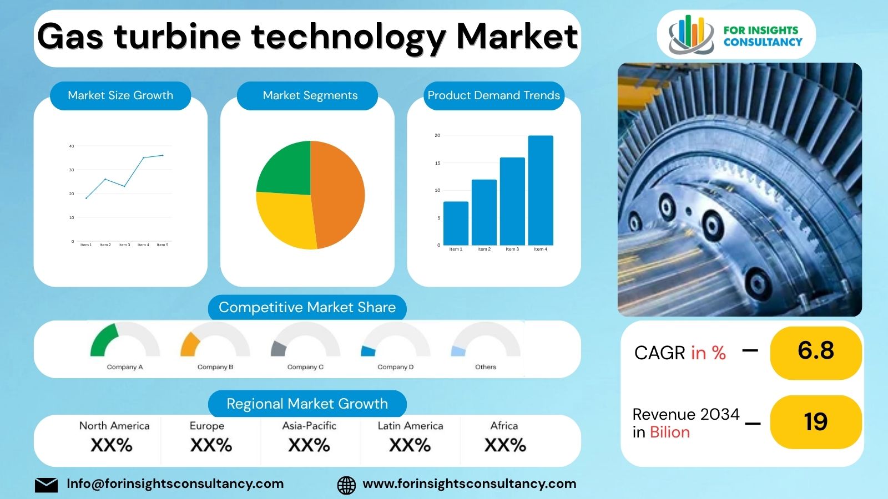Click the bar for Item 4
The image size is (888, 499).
[x=541, y=190]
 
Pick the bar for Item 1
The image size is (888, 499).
[x=456, y=223]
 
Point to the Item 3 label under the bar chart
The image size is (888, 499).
[x=512, y=249]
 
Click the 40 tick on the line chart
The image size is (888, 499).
[x=72, y=146]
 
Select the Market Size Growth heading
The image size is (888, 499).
[x=120, y=95]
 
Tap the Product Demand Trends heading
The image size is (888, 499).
[x=493, y=95]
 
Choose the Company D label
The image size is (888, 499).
[x=396, y=367]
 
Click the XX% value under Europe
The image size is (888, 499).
[x=211, y=445]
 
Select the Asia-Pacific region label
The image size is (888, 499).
[x=309, y=426]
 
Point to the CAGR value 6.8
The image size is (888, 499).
[x=816, y=351]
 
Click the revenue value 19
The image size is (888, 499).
[x=816, y=422]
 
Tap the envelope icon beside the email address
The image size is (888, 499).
[x=46, y=485]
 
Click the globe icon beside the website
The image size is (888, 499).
[x=347, y=485]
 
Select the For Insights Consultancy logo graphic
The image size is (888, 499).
[x=691, y=34]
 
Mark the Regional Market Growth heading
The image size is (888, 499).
[x=307, y=404]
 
